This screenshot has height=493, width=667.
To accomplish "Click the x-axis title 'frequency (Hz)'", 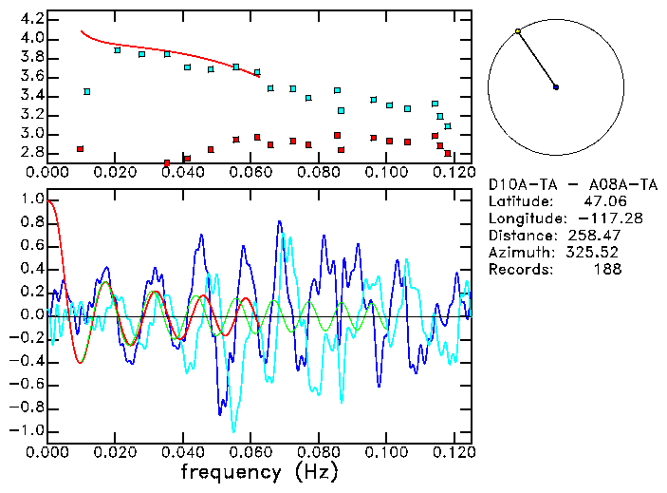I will (x=258, y=472).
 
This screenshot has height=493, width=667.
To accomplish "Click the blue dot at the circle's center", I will (x=556, y=87).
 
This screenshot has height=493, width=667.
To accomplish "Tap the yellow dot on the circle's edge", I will (x=518, y=31).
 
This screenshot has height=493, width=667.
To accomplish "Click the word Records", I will (x=519, y=269).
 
